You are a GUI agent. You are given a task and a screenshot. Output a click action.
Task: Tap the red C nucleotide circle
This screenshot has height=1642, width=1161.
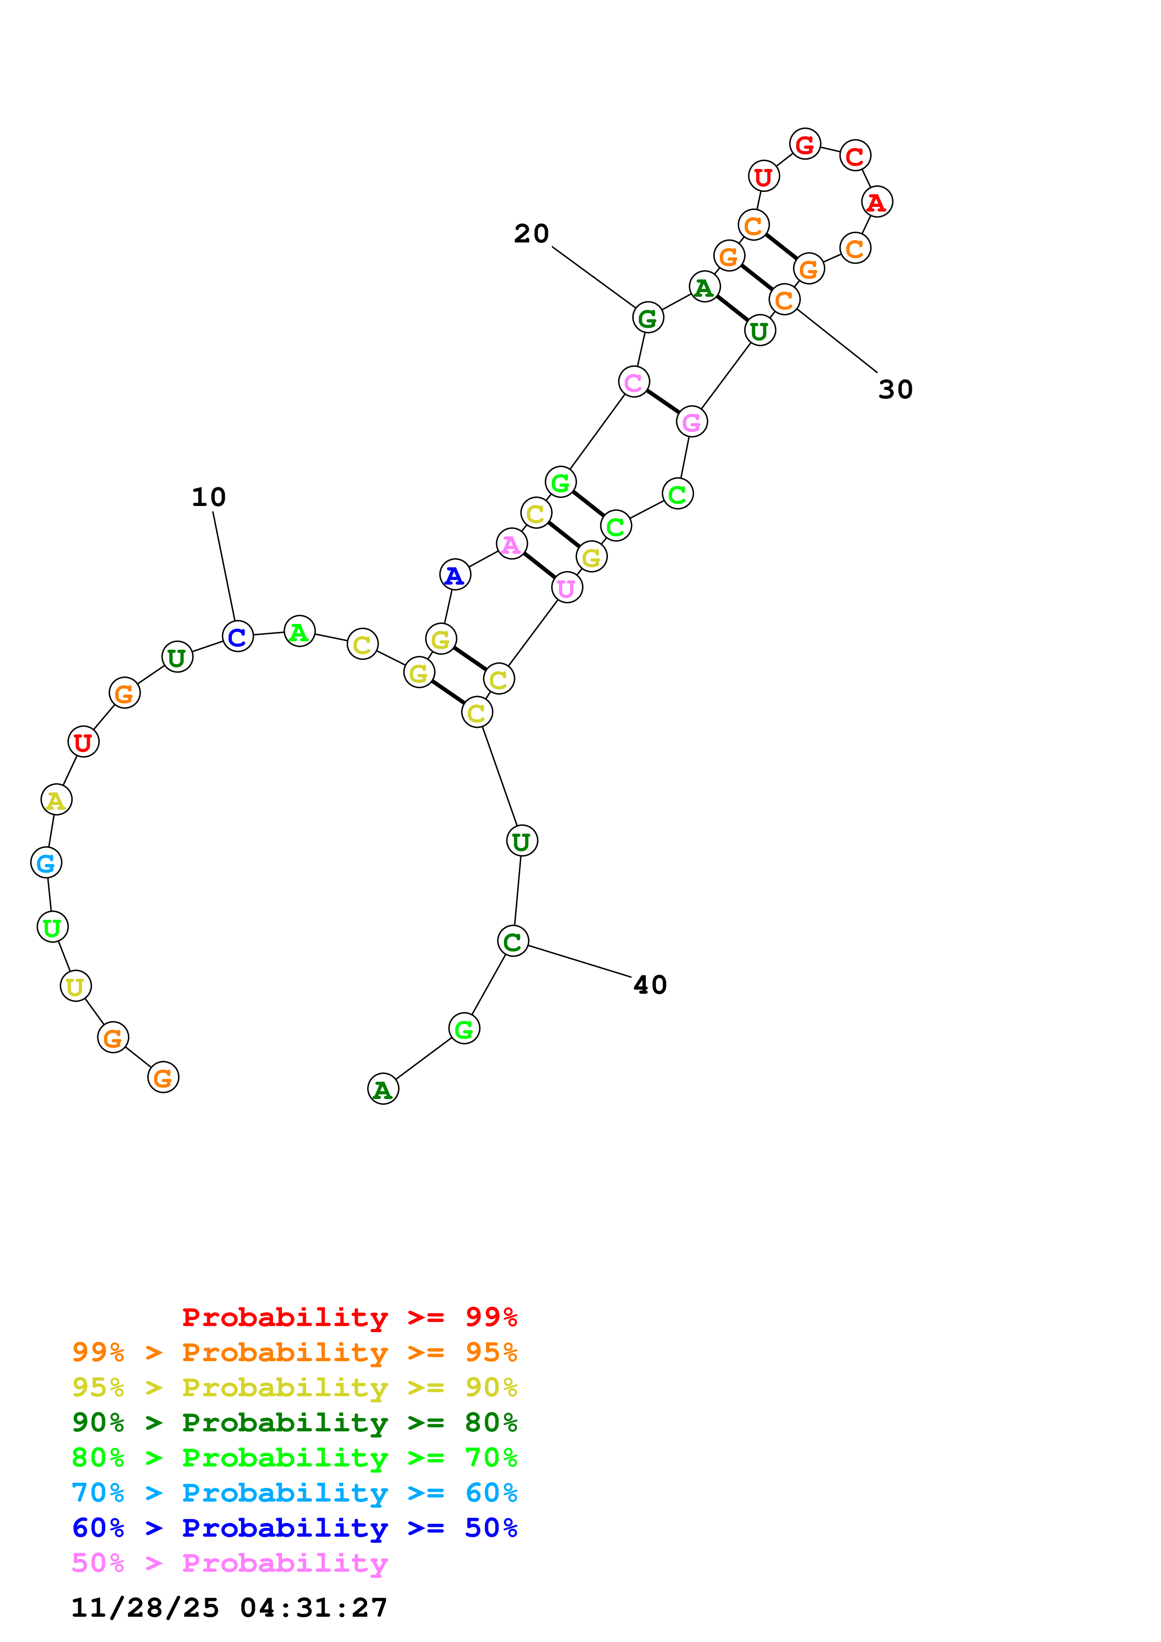tap(855, 156)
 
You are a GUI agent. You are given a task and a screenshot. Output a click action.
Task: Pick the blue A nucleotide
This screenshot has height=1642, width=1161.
tap(455, 575)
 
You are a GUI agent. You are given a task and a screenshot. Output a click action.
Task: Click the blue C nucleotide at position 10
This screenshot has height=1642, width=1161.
tap(237, 636)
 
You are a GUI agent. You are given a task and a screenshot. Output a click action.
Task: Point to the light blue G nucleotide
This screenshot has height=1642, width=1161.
tap(46, 863)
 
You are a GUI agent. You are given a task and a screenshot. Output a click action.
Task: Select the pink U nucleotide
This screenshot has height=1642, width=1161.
tap(567, 588)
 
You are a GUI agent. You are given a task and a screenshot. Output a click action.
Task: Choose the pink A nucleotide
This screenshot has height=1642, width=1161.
tap(511, 544)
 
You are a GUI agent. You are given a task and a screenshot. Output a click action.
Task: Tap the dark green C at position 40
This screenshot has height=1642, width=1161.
tap(513, 941)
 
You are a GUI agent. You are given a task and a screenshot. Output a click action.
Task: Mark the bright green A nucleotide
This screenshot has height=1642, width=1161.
tap(299, 631)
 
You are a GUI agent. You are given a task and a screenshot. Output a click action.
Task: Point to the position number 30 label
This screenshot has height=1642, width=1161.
tap(895, 390)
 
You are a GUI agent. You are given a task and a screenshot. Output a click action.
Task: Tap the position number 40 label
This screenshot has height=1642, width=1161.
tap(650, 985)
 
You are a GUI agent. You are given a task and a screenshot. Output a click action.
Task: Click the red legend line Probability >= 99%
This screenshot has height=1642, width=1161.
tap(349, 1317)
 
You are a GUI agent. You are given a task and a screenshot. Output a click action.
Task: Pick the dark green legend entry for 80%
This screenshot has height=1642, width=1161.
tap(294, 1422)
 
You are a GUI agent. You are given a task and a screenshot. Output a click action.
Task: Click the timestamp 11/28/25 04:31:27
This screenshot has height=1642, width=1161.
tap(229, 1608)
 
